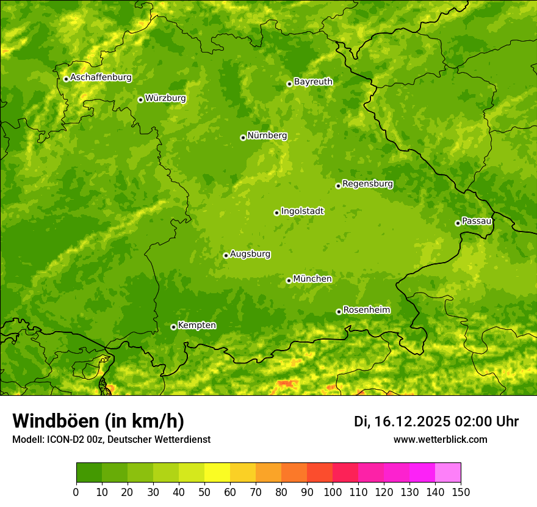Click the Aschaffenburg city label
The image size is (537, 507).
tap(101, 78)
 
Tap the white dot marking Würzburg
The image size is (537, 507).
tap(140, 100)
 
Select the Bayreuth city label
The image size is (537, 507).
tap(313, 81)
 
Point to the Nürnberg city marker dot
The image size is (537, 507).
tap(243, 137)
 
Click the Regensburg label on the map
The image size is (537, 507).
tap(367, 183)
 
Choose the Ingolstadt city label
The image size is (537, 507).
tap(302, 211)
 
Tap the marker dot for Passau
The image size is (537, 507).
tap(458, 223)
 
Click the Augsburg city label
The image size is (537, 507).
tap(250, 254)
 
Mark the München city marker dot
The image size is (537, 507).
tap(289, 280)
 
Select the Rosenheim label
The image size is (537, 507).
tap(366, 310)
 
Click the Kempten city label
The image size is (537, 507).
tap(196, 325)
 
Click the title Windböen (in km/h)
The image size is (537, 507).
tap(98, 421)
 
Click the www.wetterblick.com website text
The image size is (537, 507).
tap(440, 439)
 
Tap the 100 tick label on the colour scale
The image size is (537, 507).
tap(333, 492)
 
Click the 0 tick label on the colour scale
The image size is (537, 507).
tap(76, 492)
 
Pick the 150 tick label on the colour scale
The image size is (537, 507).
tap(461, 492)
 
